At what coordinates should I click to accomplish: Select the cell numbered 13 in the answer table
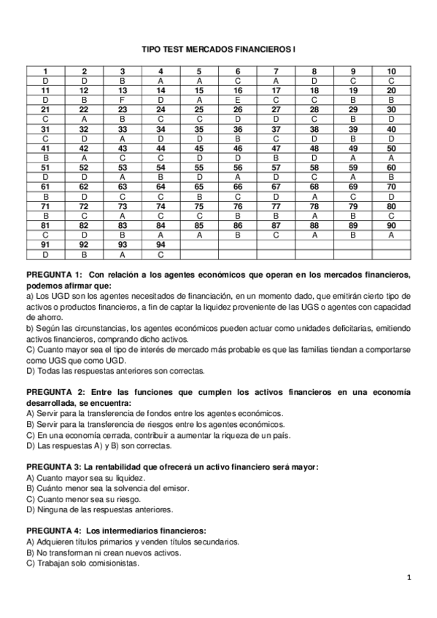point(122,90)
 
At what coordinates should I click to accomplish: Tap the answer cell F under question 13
point(122,99)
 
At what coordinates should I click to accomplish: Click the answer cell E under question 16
point(238,99)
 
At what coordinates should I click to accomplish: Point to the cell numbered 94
point(161,244)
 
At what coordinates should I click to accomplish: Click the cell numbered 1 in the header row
point(45,71)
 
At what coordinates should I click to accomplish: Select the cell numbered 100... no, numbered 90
point(392,224)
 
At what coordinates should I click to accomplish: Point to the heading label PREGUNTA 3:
point(54,467)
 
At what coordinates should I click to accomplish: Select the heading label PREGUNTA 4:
point(54,531)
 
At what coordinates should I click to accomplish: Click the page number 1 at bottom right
point(410,579)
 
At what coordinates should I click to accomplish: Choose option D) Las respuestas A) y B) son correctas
point(98,445)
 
